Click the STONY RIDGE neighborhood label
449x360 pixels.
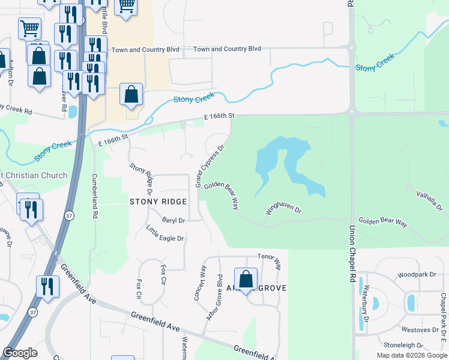point(158,202)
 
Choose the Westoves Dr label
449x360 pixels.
point(420,330)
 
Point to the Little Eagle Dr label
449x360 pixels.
point(165,233)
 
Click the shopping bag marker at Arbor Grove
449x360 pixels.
point(246,278)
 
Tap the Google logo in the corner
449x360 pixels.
point(20,353)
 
